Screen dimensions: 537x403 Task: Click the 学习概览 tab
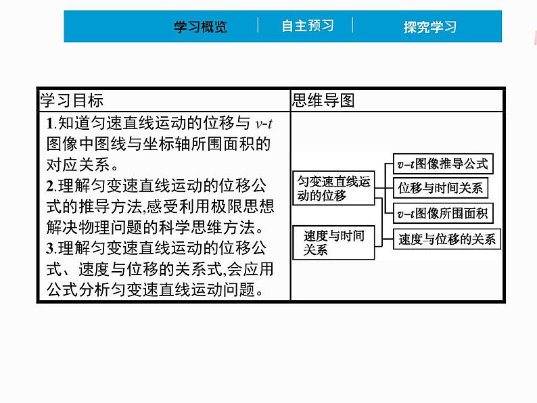coord(200,27)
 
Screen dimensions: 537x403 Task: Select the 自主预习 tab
coord(308,26)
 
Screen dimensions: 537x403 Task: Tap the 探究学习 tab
coord(429,27)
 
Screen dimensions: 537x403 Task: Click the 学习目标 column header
coord(72,101)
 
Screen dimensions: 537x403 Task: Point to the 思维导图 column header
coord(323,101)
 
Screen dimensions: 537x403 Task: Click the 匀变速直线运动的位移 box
coord(334,189)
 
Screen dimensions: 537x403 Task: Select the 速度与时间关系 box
coord(334,243)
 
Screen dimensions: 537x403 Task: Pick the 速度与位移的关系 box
coord(446,239)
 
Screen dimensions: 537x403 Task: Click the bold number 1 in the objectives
coord(50,124)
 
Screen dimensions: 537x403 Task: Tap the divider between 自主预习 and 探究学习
coord(352,26)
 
